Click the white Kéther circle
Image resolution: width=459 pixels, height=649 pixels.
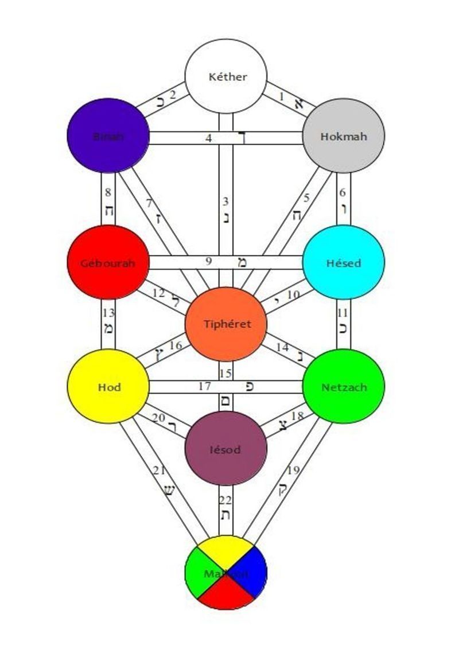(225, 76)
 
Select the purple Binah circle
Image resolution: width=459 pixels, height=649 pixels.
(108, 136)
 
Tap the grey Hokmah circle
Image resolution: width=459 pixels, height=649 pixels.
(343, 136)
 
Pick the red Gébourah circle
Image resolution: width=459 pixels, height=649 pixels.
(108, 263)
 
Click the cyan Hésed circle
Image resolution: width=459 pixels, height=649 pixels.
(343, 263)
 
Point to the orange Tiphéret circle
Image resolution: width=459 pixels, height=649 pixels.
(226, 324)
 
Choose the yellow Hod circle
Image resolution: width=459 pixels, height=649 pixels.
(108, 387)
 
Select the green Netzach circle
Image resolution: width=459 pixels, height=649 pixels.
(343, 387)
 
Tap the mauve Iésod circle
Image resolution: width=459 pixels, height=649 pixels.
(226, 448)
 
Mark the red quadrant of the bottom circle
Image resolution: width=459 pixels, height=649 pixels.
(226, 594)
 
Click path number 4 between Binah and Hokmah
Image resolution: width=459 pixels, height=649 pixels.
(209, 138)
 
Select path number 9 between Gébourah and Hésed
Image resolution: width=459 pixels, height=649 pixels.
(209, 262)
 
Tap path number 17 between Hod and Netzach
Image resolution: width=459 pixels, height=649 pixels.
(204, 387)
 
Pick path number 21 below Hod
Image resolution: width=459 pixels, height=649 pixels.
(166, 482)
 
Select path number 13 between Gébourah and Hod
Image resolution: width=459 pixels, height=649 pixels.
(108, 321)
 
